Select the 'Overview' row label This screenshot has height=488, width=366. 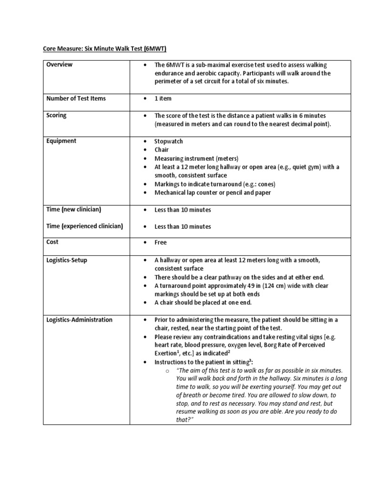pyautogui.click(x=60, y=65)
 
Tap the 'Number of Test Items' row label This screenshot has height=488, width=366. pyautogui.click(x=76, y=99)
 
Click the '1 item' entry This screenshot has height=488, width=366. pyautogui.click(x=163, y=99)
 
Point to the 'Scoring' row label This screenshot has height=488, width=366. pyautogui.click(x=56, y=115)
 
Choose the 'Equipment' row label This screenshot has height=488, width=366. pyautogui.click(x=61, y=141)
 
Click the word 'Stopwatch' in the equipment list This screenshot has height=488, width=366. pyautogui.click(x=168, y=142)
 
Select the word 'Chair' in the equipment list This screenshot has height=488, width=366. pyautogui.click(x=162, y=150)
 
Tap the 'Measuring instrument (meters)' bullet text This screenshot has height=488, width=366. pyautogui.click(x=196, y=159)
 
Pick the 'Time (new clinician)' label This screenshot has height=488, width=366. pyautogui.click(x=73, y=210)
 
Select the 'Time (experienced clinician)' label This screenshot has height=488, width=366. pyautogui.click(x=84, y=226)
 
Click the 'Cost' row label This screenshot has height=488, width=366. pyautogui.click(x=52, y=242)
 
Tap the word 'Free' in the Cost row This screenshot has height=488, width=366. pyautogui.click(x=161, y=243)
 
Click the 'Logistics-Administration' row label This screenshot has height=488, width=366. pyautogui.click(x=79, y=320)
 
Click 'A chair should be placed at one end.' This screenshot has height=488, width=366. pyautogui.click(x=203, y=303)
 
